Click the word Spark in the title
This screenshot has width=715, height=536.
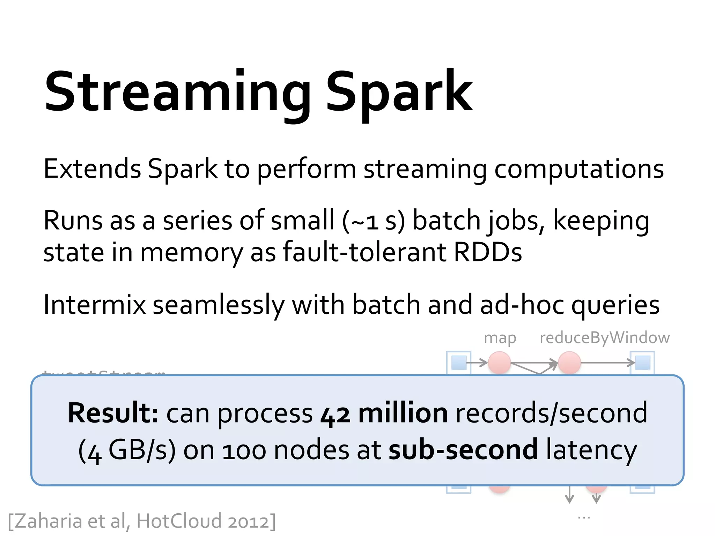(x=399, y=92)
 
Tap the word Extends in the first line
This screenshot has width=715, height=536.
(x=92, y=169)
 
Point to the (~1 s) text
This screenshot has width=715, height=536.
(x=374, y=221)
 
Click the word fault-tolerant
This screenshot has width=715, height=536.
(x=364, y=252)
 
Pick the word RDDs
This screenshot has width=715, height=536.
(x=487, y=252)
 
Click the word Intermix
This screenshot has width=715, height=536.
(x=94, y=305)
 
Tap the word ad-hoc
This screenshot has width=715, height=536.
(x=522, y=305)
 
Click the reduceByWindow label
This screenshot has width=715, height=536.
(x=604, y=338)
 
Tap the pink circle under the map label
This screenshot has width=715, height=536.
(x=499, y=363)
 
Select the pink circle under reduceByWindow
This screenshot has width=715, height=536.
(x=569, y=363)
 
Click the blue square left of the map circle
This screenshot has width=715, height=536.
(x=459, y=363)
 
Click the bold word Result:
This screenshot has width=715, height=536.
(x=113, y=413)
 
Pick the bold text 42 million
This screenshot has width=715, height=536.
(x=384, y=413)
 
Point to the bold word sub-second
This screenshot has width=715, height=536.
(x=463, y=450)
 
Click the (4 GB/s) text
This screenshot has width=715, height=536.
(x=126, y=451)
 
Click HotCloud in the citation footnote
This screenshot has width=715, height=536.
(x=179, y=521)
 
